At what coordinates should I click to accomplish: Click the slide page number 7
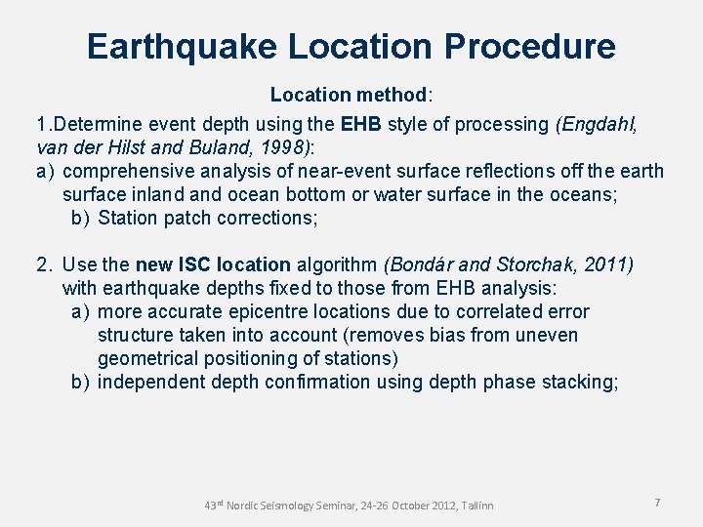(657, 502)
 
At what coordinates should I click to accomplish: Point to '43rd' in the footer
(215, 505)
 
